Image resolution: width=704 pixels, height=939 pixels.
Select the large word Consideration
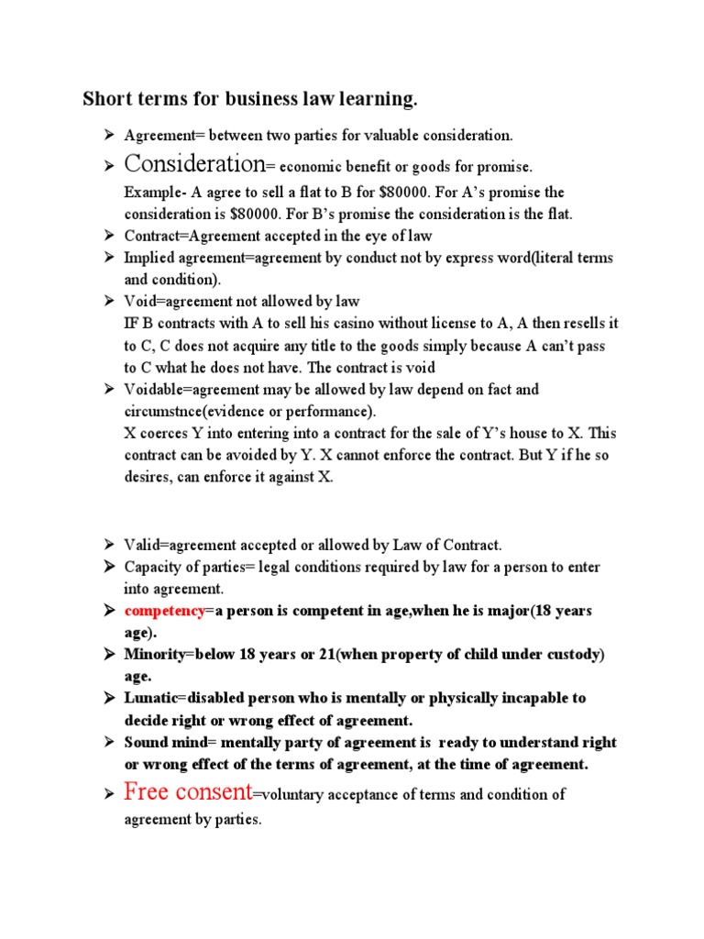(193, 164)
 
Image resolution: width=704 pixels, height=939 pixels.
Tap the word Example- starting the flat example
(156, 193)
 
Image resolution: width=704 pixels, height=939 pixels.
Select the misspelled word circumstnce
(160, 412)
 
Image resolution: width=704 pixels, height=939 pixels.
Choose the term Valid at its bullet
(142, 545)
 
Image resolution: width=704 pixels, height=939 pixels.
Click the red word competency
(164, 611)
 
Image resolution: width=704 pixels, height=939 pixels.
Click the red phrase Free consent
(188, 792)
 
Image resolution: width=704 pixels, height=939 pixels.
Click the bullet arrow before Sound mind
(107, 743)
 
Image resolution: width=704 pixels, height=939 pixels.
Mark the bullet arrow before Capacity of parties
(107, 567)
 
